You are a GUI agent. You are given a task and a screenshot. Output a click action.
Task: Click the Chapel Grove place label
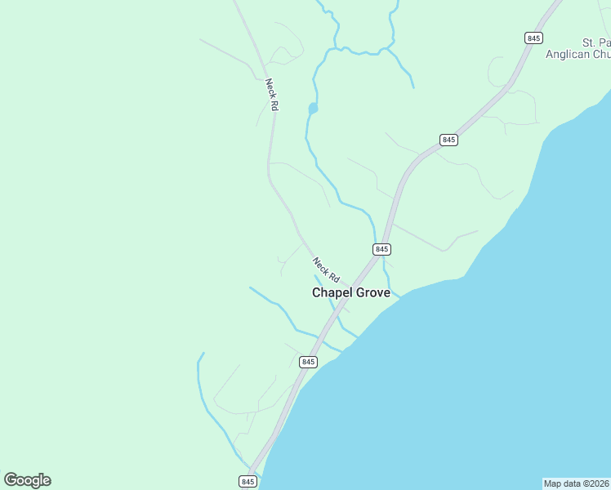point(351,292)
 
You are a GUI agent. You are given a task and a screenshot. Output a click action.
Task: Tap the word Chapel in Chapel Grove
point(332,292)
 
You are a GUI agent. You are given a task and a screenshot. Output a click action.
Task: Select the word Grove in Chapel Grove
point(372,292)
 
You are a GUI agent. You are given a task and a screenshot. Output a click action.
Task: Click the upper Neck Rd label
point(272,95)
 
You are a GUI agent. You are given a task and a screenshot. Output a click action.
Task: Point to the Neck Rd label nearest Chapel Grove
point(325,269)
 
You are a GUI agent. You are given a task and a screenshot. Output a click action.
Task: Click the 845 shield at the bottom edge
point(248,482)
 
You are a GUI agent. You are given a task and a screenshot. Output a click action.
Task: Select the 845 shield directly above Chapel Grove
point(381,248)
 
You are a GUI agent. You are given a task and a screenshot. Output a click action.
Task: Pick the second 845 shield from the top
point(448,140)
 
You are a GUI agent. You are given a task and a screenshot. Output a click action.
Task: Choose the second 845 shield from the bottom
point(307,362)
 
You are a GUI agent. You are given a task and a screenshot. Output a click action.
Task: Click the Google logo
point(27,480)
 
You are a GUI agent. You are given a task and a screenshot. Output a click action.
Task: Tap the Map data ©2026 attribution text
point(576,483)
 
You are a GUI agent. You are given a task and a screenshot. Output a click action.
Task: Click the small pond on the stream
point(312,108)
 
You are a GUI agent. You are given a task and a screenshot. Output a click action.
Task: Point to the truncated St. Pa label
point(595,42)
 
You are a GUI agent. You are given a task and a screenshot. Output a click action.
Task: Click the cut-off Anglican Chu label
point(578,55)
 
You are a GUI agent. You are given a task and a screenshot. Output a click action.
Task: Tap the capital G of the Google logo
point(11,480)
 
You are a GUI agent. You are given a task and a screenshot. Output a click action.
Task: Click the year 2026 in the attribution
point(598,483)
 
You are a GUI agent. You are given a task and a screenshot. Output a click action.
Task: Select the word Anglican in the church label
point(568,55)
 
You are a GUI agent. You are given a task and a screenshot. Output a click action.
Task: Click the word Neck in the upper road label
point(270,87)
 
